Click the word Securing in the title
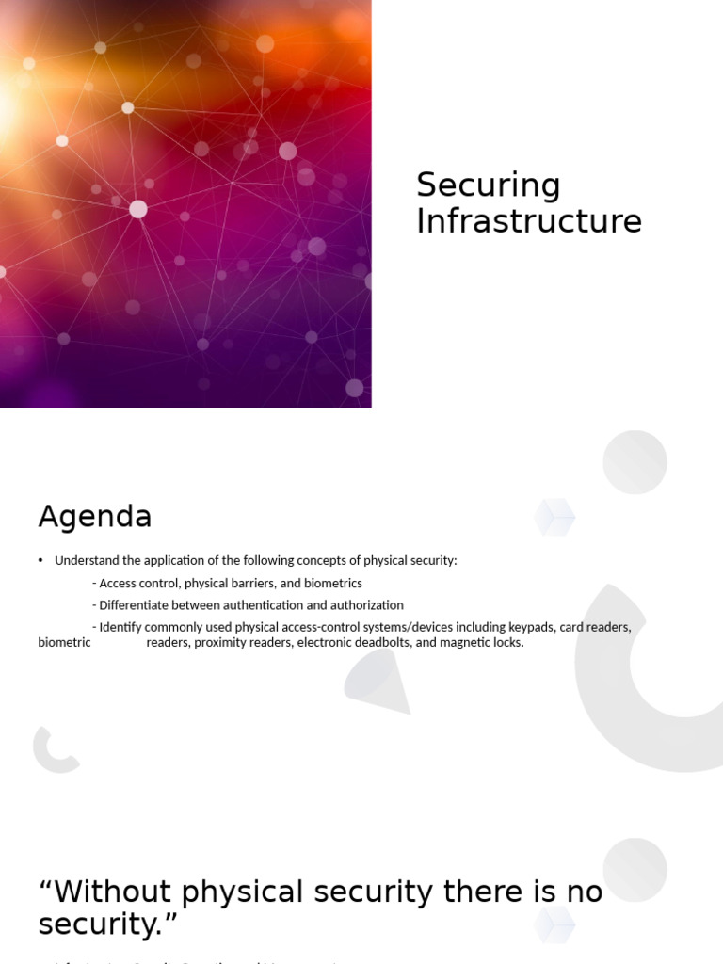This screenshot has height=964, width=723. [x=488, y=185]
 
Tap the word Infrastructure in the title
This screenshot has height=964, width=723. [x=528, y=221]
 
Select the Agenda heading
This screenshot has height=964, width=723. [x=94, y=517]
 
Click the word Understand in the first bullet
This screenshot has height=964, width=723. [x=86, y=560]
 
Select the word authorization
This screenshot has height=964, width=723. [x=366, y=605]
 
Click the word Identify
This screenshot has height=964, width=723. [x=120, y=627]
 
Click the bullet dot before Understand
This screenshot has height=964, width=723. [x=41, y=560]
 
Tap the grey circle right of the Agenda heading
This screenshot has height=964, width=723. [x=635, y=462]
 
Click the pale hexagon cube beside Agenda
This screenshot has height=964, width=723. [x=554, y=517]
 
